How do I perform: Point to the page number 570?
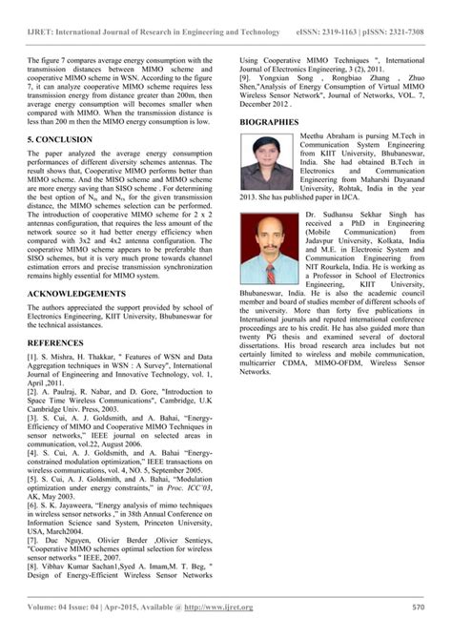(418, 608)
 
